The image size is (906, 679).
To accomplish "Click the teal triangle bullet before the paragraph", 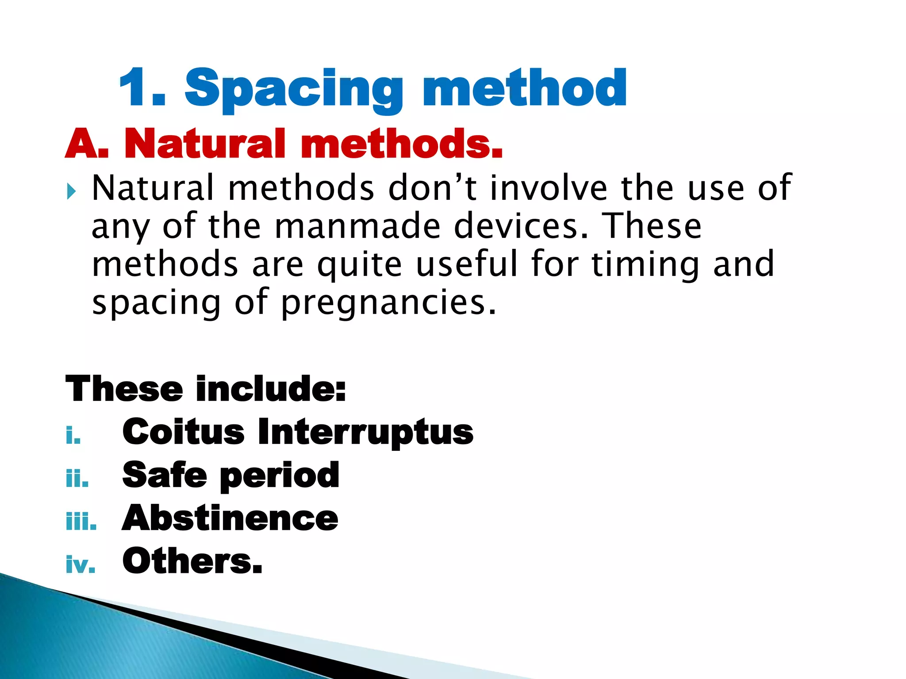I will pos(71,192).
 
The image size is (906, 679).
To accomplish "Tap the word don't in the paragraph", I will pos(432,188).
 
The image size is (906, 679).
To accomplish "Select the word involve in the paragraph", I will pos(549,188).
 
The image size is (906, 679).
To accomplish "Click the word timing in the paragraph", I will pos(645,264).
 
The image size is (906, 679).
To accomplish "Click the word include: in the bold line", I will pos(271,389).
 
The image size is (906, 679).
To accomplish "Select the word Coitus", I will pos(183,432).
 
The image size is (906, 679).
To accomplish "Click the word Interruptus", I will pos(365,432).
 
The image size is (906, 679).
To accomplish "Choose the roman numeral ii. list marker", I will pos(77,478).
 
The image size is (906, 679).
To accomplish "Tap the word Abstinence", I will pos(230,518).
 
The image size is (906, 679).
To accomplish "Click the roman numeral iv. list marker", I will pos(80,565).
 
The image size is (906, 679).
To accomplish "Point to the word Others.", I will pos(192,561).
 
